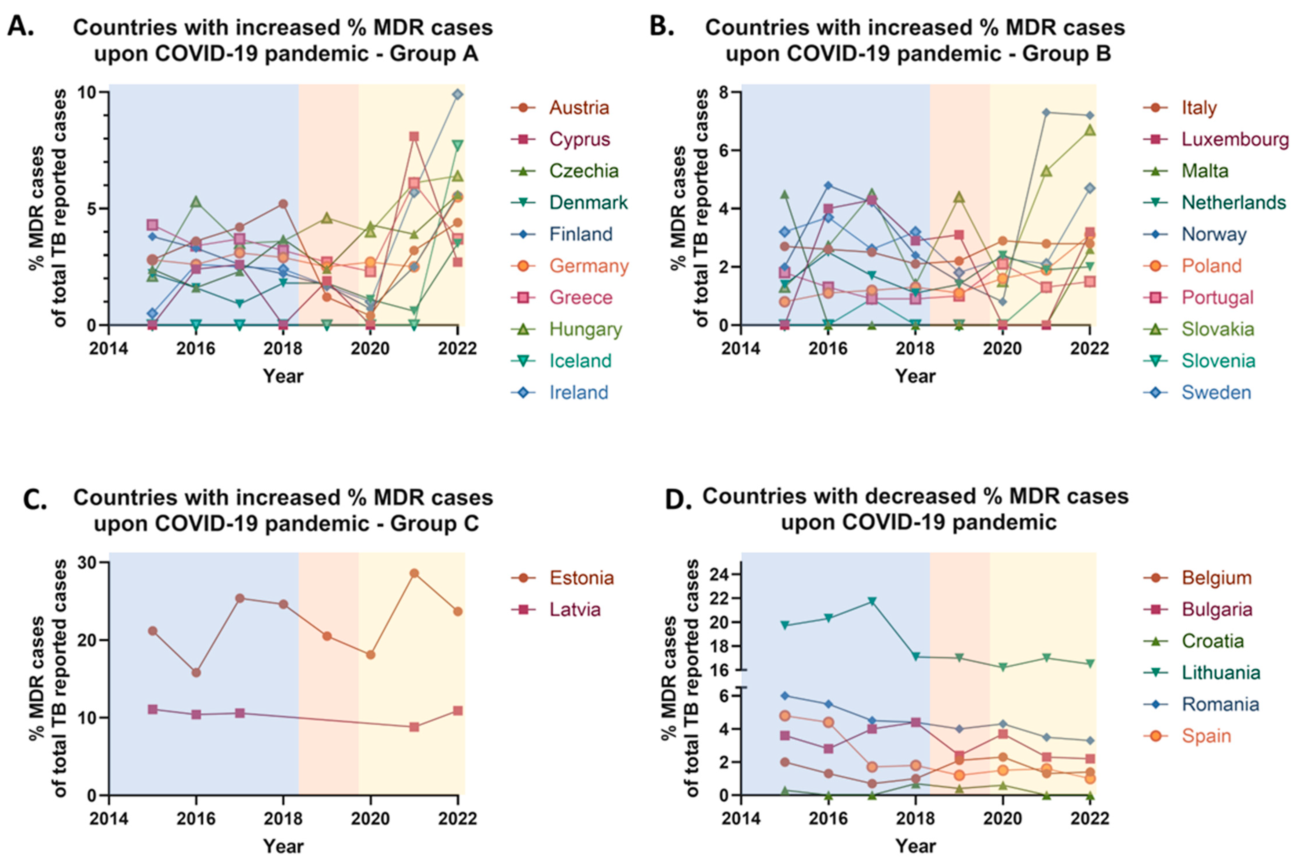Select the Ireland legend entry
578,393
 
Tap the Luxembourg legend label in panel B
1235,139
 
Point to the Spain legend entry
1206,736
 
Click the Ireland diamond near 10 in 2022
457,94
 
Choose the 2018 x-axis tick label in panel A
283,349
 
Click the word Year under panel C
283,846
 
